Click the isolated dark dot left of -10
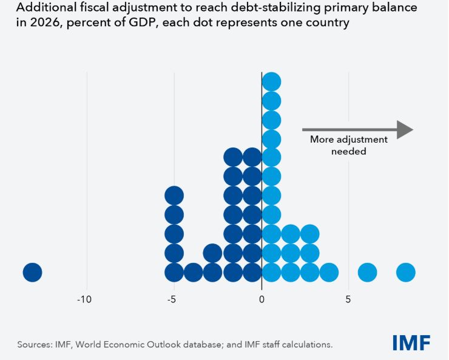(32, 272)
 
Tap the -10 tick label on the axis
(84, 299)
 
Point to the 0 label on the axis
(262, 299)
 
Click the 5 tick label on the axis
(348, 299)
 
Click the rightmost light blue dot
(405, 272)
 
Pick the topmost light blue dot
(271, 81)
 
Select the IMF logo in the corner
(411, 343)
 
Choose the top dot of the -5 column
(174, 195)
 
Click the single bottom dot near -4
(193, 272)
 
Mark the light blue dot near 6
(367, 272)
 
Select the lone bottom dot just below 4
(329, 272)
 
